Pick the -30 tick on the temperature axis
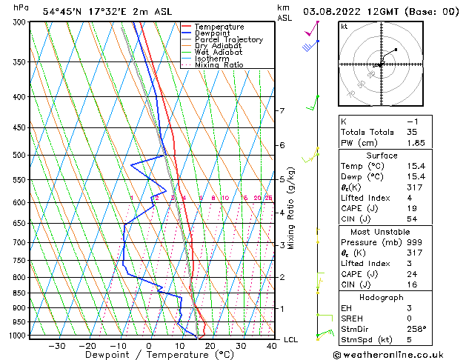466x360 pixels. click(56, 346)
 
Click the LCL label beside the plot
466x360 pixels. click(291, 339)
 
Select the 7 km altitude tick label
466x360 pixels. click(282, 111)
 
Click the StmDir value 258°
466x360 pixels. click(417, 329)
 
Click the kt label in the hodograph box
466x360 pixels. click(344, 27)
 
